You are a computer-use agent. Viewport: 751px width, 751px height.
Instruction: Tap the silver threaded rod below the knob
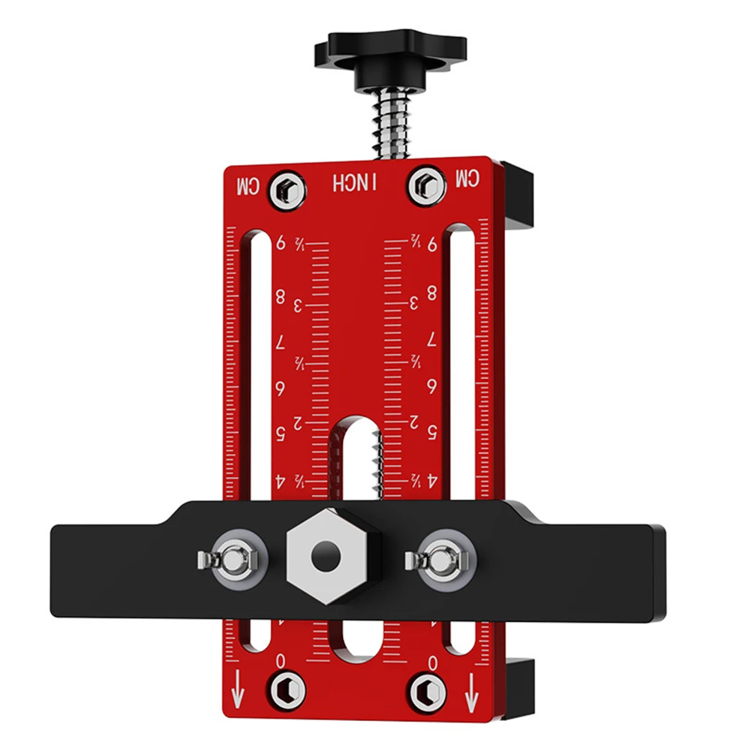click(392, 120)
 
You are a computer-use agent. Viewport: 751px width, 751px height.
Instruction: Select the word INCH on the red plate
click(357, 183)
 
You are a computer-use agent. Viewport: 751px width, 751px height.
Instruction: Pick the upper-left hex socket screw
click(288, 185)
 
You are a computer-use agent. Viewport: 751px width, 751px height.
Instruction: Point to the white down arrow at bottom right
click(471, 692)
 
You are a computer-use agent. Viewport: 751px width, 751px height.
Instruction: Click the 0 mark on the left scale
click(281, 660)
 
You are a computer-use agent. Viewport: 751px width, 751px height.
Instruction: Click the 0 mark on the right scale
click(432, 661)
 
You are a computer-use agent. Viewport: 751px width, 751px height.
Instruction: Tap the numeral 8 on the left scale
click(281, 296)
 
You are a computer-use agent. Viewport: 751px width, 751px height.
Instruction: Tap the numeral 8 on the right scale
click(432, 293)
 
